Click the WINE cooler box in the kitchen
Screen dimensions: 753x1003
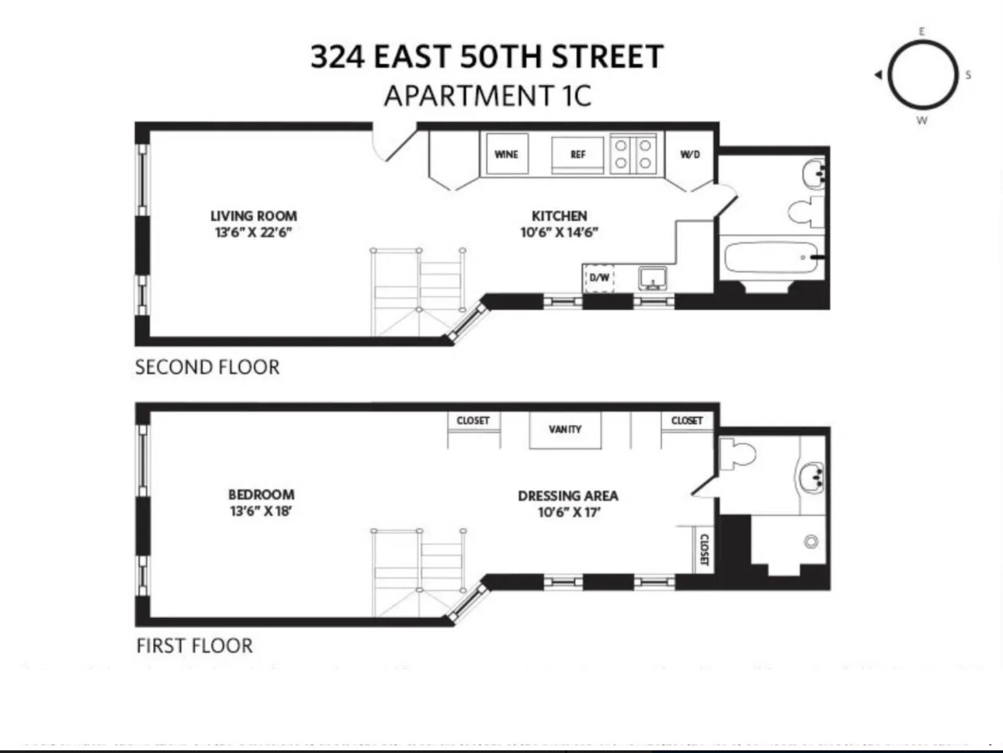tap(506, 154)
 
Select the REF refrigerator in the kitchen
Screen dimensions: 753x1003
tap(578, 154)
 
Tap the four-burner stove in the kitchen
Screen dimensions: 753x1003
tap(633, 154)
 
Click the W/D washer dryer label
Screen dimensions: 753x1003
tap(690, 154)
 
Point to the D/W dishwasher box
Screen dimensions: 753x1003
tap(599, 278)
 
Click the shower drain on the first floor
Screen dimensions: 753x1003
tap(811, 541)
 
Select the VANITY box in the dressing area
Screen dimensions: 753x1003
tap(565, 429)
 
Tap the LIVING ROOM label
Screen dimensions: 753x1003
tap(254, 216)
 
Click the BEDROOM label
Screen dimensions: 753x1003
tap(261, 495)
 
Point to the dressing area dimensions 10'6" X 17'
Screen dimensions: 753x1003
tap(569, 513)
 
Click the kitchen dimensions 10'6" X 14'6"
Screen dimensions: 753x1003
tap(559, 233)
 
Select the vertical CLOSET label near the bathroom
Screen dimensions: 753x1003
tap(704, 550)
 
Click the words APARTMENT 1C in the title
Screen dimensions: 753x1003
tap(487, 96)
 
